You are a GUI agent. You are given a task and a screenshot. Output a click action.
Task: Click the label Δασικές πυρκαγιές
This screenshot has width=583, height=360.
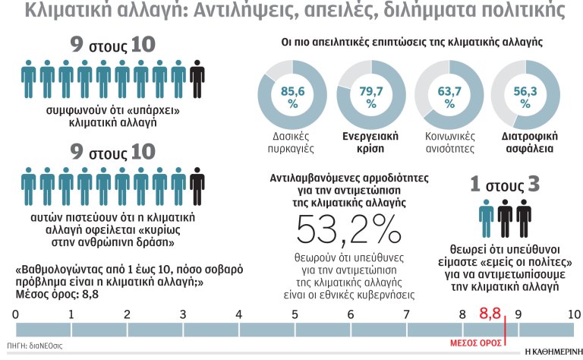pos(287,142)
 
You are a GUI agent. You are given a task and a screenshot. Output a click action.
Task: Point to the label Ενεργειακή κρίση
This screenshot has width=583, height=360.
pos(365,142)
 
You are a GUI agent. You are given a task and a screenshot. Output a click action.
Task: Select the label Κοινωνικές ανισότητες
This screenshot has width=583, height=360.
pos(445,142)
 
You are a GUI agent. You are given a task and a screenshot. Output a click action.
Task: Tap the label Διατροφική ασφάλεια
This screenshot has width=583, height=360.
pos(522,142)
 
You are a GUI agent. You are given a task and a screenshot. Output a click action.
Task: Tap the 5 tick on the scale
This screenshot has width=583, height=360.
pos(295,314)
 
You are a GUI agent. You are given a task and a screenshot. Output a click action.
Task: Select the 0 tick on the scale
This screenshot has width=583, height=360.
pos(16,314)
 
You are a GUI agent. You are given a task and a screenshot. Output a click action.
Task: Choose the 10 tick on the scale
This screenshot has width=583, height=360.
pos(573,314)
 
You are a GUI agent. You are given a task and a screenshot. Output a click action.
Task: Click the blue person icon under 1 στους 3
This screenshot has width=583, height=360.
pos(486,217)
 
